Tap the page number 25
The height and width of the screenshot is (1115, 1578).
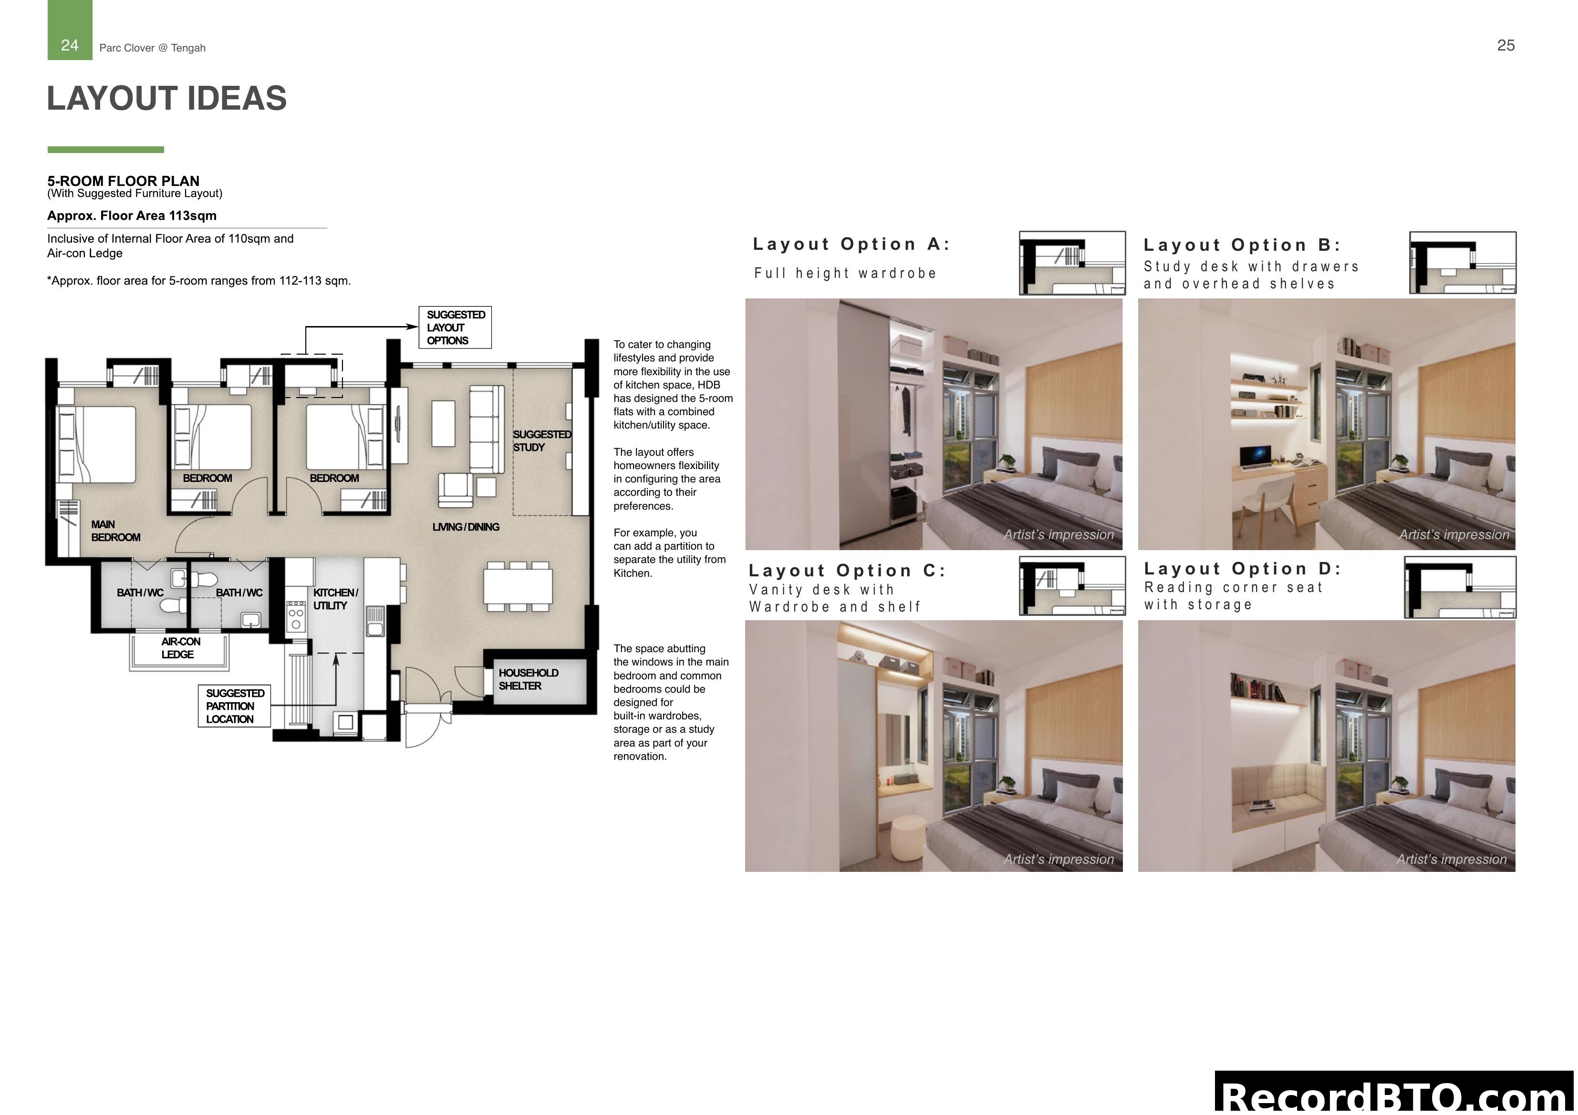point(1505,45)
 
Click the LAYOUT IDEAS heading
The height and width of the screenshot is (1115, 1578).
point(166,98)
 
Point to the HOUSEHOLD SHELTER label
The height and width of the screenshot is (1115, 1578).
point(528,679)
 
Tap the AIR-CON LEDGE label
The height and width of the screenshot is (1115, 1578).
point(180,648)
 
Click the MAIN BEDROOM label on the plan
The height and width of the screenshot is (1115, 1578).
point(115,531)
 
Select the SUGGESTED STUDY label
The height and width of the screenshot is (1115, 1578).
point(541,441)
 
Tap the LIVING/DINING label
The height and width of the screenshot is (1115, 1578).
point(465,527)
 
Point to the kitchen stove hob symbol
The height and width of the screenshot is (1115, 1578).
point(296,615)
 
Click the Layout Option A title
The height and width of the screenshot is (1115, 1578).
point(851,245)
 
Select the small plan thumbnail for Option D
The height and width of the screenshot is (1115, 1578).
point(1459,587)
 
